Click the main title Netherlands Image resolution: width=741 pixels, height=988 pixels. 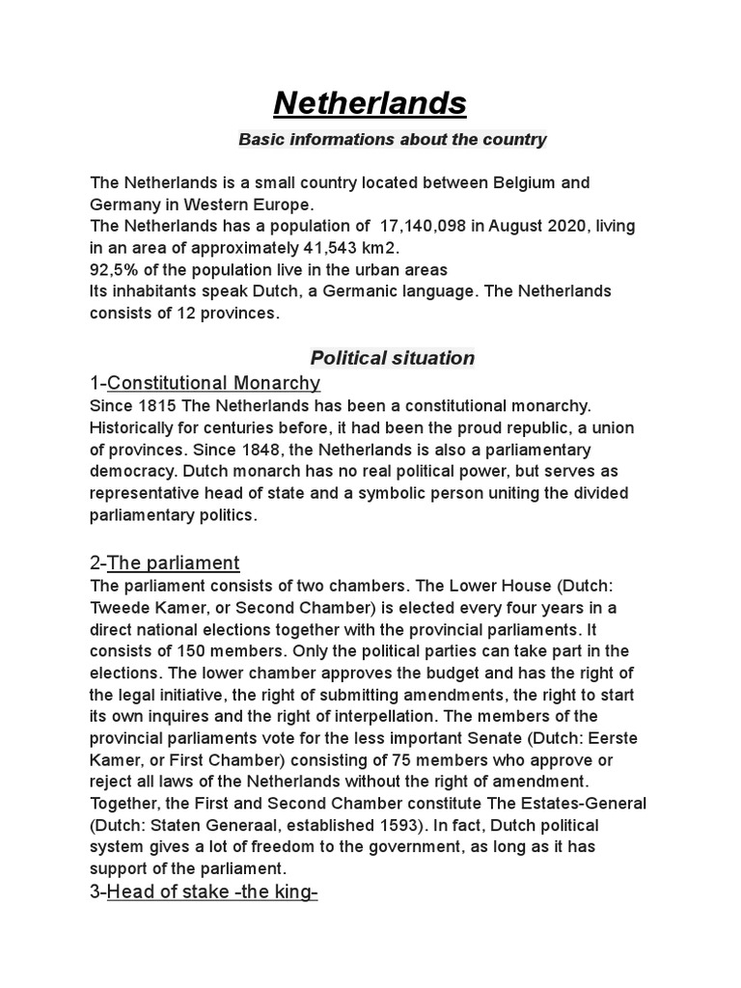370,102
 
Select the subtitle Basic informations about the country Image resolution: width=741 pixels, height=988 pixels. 392,140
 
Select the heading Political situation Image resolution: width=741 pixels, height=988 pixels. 392,358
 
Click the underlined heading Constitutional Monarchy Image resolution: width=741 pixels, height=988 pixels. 213,383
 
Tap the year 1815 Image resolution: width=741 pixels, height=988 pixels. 157,406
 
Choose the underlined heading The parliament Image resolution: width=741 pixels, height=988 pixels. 173,563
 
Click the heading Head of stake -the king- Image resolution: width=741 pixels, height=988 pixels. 212,892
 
